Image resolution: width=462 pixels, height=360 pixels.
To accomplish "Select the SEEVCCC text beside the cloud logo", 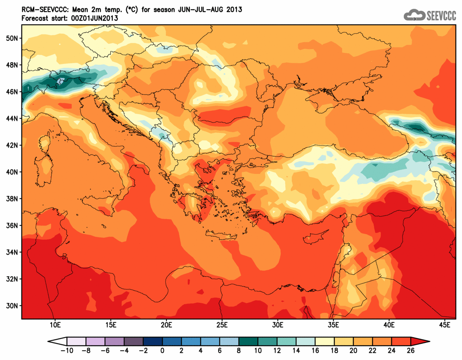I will (441, 15).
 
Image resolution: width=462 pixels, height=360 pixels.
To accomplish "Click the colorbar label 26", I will (411, 350).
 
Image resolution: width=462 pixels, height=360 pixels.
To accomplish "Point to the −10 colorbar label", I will (65, 350).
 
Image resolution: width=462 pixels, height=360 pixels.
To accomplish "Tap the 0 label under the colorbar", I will (163, 350).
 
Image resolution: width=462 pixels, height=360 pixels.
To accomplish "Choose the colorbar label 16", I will (315, 350).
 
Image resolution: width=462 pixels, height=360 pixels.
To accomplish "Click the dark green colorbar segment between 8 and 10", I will (248, 341).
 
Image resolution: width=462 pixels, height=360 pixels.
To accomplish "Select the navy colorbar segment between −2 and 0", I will (153, 341).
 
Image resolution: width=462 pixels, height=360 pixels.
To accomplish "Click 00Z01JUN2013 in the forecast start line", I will (95, 18).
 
